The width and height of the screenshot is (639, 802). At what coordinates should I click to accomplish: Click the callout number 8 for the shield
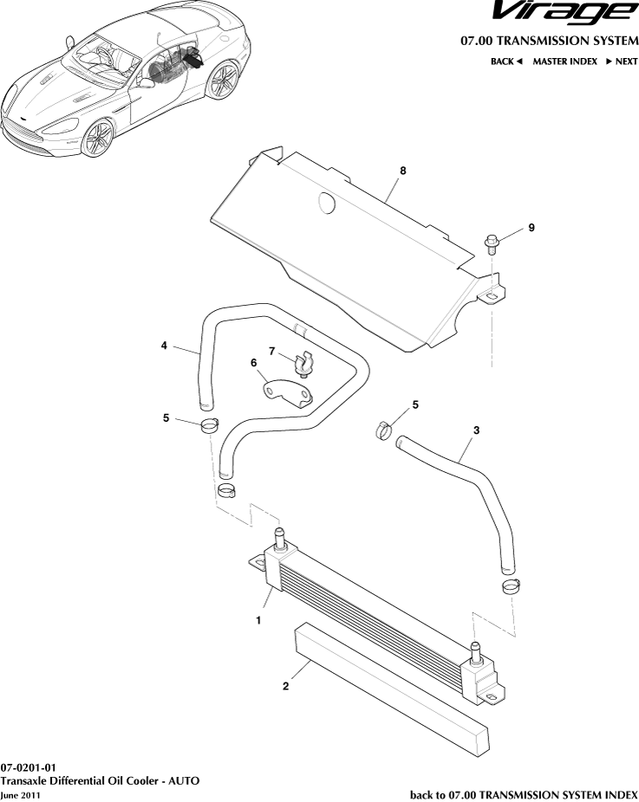coord(403,171)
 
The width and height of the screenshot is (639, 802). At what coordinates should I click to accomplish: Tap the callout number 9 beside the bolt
coord(531,228)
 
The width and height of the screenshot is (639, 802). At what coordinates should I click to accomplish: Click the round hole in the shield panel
coord(326,203)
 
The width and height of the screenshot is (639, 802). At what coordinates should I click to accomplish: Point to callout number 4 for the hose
coord(164,346)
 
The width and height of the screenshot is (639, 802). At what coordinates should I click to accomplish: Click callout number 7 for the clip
coord(271,351)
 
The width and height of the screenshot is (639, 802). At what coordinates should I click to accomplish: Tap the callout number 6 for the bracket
coord(254,364)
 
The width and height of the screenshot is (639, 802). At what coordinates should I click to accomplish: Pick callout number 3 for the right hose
coord(476,430)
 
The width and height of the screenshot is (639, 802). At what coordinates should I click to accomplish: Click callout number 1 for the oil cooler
coord(258,620)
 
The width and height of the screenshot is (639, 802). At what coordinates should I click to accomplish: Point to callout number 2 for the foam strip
coord(285,687)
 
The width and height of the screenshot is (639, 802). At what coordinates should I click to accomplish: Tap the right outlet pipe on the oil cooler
coord(475,653)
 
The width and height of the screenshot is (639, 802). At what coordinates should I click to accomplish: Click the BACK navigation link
coord(506,61)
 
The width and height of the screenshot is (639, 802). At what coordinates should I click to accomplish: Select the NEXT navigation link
coord(622,61)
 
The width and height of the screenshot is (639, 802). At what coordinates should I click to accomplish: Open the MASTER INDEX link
coord(564,61)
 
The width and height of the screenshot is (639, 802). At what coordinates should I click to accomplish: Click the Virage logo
coord(564,13)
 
